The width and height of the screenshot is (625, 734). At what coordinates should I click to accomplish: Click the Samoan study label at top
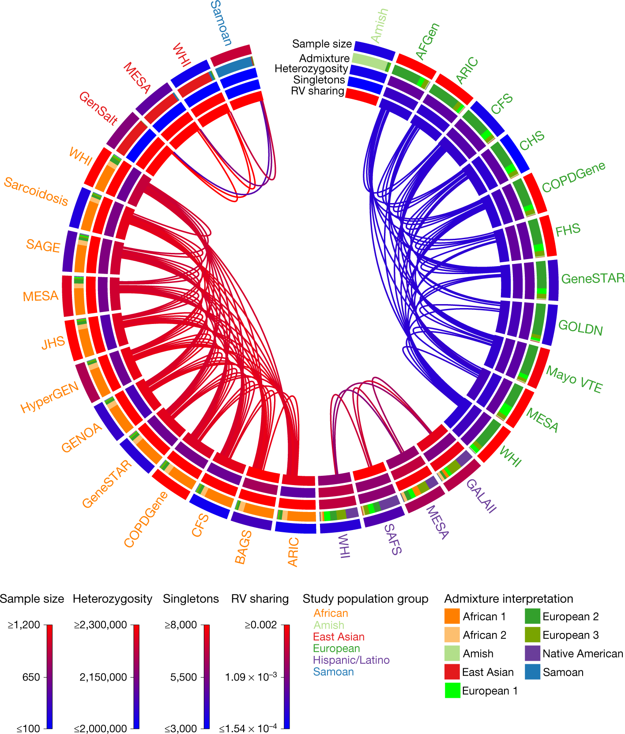coord(221,23)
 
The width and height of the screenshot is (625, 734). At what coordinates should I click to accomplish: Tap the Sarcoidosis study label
coord(36,192)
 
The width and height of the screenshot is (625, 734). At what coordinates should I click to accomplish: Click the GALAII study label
coord(481,496)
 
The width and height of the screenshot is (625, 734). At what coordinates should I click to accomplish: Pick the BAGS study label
coord(243,547)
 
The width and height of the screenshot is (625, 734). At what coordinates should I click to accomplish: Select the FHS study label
coord(568,230)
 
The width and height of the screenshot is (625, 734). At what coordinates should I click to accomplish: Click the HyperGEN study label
coord(49,397)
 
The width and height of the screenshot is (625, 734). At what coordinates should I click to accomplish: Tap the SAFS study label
coord(392,539)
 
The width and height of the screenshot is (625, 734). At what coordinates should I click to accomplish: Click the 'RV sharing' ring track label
coord(317,91)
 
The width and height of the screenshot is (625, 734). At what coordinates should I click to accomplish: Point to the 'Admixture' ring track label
coord(324,58)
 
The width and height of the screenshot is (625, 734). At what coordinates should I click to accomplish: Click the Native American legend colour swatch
coord(533,653)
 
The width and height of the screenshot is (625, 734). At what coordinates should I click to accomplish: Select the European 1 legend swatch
coord(452,690)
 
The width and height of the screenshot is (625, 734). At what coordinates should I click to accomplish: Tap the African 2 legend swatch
coord(452,635)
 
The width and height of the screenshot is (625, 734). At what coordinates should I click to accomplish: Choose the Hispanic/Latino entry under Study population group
coord(351,660)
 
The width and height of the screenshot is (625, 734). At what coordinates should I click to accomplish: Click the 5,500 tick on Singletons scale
coord(183,677)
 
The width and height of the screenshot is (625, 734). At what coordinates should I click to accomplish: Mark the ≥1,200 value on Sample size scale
coord(24,625)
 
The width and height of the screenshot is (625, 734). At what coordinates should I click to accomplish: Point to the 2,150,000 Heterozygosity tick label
coord(103,677)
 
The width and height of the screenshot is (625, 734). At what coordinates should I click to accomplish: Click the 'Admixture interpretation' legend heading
coord(508,599)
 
